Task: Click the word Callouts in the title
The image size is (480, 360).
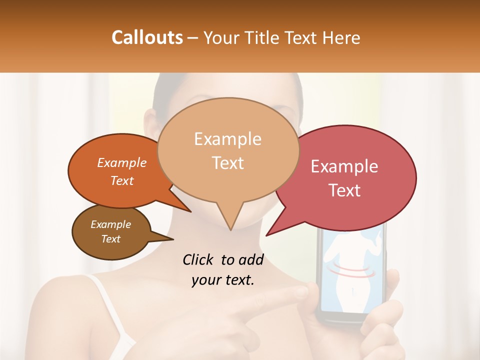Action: pyautogui.click(x=147, y=37)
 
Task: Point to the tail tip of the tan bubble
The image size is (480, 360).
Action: pyautogui.click(x=230, y=229)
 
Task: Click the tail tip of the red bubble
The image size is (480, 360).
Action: pyautogui.click(x=267, y=235)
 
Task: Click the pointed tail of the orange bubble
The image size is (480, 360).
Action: pyautogui.click(x=190, y=211)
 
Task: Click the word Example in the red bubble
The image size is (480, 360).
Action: pyautogui.click(x=344, y=166)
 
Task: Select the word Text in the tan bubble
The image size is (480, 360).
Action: pyautogui.click(x=228, y=163)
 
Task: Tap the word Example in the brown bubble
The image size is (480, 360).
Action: pyautogui.click(x=110, y=224)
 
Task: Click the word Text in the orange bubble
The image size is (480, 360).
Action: pyautogui.click(x=121, y=181)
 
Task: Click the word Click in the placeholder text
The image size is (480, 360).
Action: pyautogui.click(x=199, y=259)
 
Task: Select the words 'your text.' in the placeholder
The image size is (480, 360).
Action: pyautogui.click(x=222, y=280)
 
